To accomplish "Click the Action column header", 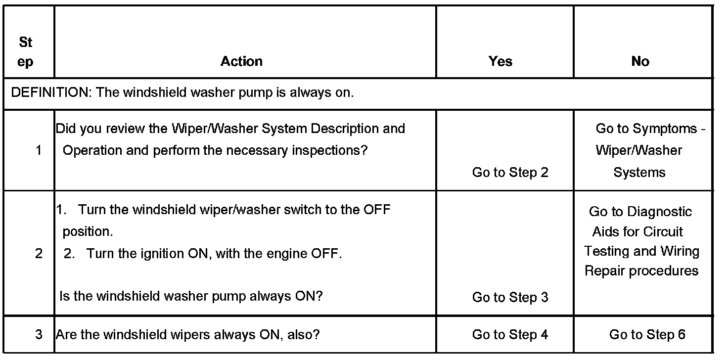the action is pos(241,61).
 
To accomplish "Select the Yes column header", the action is pos(500,61).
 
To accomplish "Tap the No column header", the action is pos(640,61).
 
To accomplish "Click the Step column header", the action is pos(26,52).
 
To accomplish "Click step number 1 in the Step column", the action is pos(39,150).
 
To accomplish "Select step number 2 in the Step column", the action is pos(39,254).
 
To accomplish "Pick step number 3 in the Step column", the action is pos(39,335).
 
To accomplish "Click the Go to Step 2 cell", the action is pos(510,173).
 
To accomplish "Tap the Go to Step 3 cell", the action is pos(510,297).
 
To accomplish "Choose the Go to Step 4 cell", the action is pos(510,335).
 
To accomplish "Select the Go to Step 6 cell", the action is pos(647,335).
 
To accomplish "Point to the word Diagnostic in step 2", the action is pos(660,212).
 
